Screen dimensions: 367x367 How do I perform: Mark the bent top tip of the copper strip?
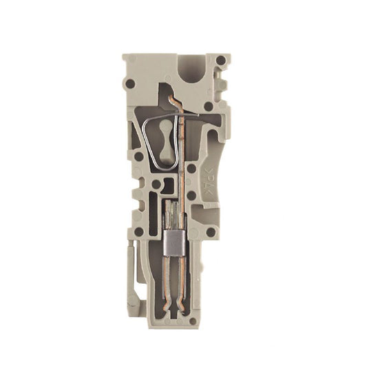(173, 103)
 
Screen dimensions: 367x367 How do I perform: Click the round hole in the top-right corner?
(220, 61)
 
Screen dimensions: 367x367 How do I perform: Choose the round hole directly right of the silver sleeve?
(211, 232)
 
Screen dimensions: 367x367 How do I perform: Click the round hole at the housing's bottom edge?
(192, 320)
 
